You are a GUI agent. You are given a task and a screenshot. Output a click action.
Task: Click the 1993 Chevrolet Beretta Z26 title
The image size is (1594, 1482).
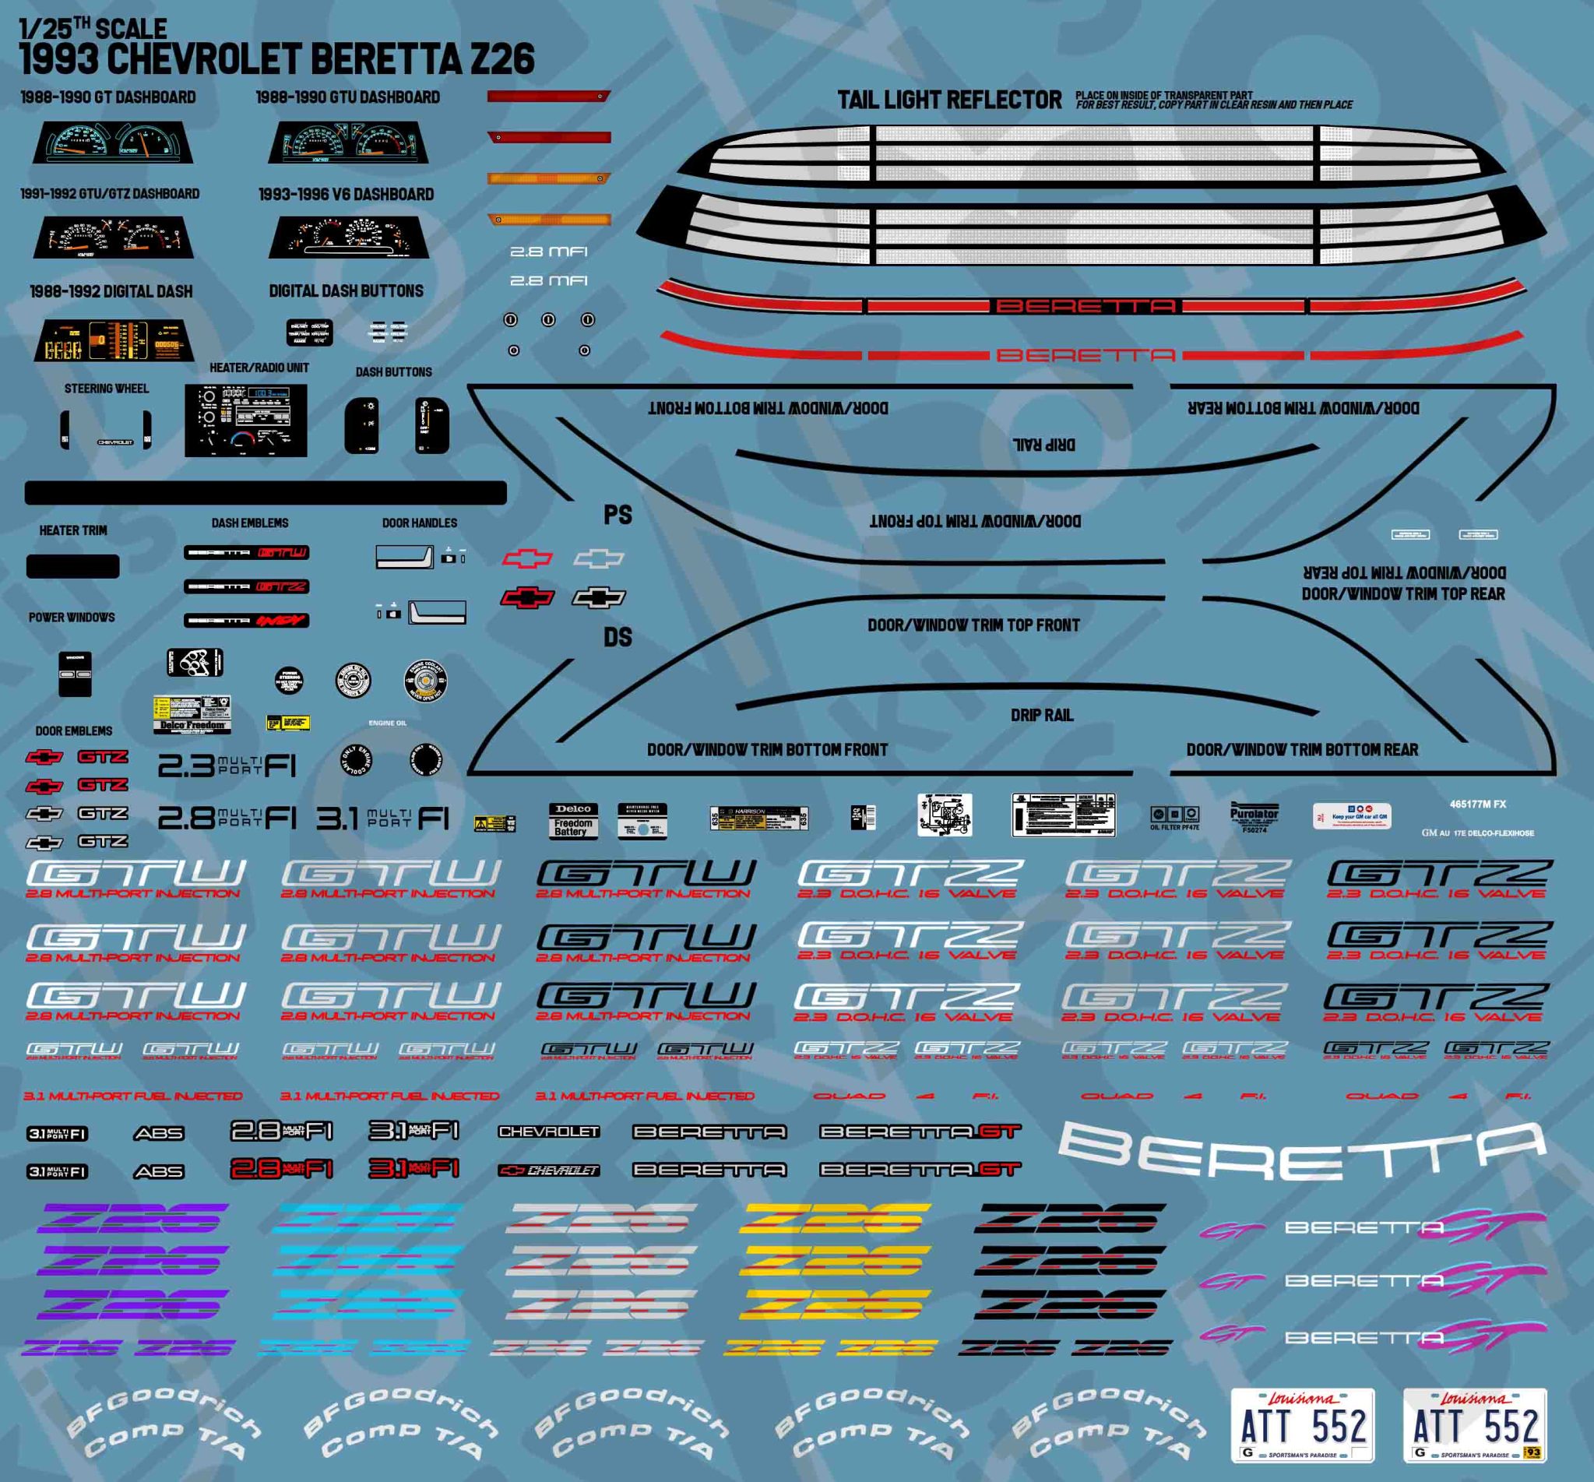point(276,58)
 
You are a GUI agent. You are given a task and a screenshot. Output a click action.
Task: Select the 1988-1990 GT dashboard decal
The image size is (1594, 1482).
point(112,143)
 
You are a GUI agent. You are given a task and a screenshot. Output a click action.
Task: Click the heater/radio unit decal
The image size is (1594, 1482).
point(245,421)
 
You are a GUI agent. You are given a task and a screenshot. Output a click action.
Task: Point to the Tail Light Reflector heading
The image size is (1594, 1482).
point(949,100)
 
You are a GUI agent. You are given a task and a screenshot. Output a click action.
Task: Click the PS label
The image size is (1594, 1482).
point(618,515)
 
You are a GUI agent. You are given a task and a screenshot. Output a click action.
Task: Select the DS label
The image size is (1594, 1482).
point(618,638)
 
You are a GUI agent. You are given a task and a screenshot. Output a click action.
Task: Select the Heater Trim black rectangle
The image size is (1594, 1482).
point(73,566)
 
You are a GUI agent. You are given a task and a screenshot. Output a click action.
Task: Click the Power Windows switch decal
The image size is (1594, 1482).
point(76,674)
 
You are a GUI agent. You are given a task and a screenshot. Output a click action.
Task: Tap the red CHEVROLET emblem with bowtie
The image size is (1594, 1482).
point(548,1170)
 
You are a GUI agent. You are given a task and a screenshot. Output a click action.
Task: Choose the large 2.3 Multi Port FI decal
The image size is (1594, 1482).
point(227,766)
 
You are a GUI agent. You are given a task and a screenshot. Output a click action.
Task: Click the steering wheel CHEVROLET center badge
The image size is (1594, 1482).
point(115,442)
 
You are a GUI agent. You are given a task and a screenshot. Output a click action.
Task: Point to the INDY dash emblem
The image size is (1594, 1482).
point(246,620)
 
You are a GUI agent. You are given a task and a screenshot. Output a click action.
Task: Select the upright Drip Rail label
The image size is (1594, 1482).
point(1042,715)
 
